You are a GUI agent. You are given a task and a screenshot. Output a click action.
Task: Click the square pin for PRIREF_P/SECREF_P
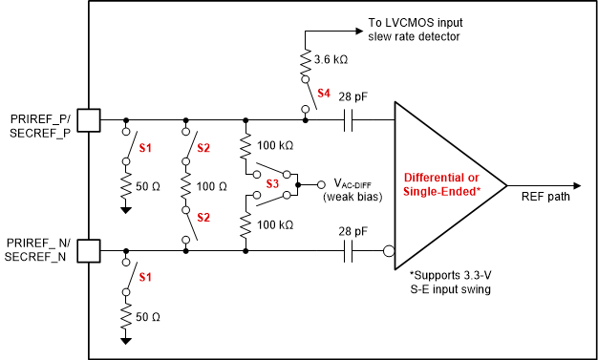[88, 120]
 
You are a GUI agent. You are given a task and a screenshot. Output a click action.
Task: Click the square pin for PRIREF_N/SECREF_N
[88, 251]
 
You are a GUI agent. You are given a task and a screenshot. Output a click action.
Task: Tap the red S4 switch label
[325, 94]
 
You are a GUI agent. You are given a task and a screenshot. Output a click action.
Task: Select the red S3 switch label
[273, 181]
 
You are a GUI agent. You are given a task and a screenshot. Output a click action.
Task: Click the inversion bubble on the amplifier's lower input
[390, 252]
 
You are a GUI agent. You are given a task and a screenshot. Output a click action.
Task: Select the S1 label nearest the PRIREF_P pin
[146, 148]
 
